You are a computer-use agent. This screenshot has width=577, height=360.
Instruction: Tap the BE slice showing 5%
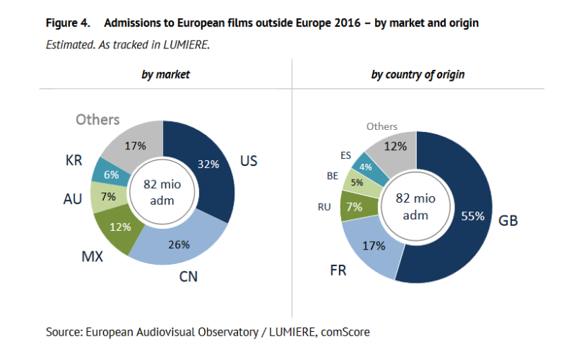357,182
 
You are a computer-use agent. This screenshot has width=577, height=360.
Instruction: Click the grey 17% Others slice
134,145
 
